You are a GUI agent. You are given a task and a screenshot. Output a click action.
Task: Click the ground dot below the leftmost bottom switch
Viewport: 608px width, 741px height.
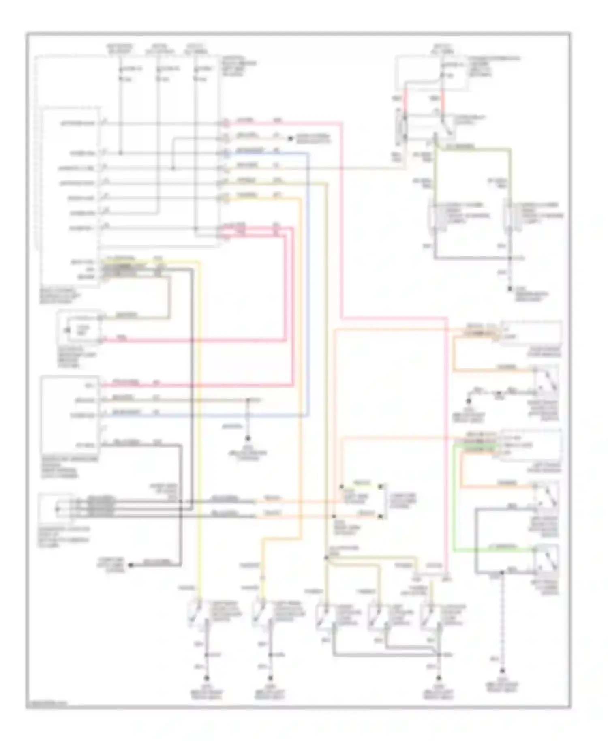pyautogui.click(x=207, y=677)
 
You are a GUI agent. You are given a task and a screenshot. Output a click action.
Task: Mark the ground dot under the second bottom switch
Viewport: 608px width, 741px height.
pyautogui.click(x=270, y=677)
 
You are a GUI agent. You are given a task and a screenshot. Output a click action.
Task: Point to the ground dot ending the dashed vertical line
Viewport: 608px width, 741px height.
pyautogui.click(x=503, y=670)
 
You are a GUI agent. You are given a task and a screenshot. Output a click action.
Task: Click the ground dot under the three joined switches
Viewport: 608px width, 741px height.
pyautogui.click(x=439, y=677)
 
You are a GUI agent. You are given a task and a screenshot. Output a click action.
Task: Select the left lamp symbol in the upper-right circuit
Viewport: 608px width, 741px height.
pyautogui.click(x=435, y=217)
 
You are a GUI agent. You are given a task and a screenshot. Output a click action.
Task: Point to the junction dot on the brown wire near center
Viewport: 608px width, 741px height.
pyautogui.click(x=248, y=400)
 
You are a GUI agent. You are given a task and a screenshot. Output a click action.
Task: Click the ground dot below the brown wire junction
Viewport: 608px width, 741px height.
pyautogui.click(x=248, y=439)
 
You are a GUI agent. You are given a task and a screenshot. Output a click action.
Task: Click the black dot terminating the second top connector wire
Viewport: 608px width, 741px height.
pyautogui.click(x=290, y=139)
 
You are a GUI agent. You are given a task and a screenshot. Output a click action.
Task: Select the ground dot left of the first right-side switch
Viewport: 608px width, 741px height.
pyautogui.click(x=468, y=401)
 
